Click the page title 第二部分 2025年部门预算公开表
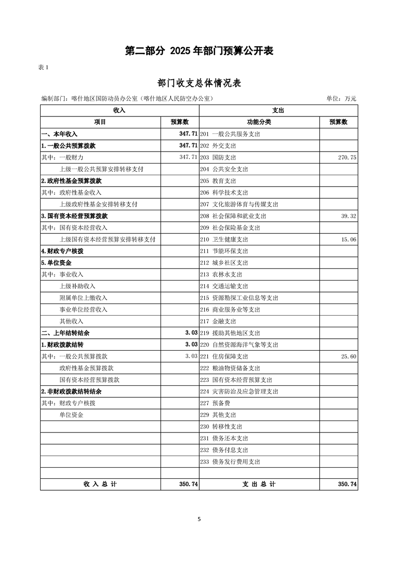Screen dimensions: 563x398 pyautogui.click(x=199, y=51)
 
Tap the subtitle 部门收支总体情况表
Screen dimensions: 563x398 pyautogui.click(x=199, y=83)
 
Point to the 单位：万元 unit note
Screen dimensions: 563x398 pyautogui.click(x=341, y=99)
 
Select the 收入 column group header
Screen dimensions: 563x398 pyautogui.click(x=119, y=110)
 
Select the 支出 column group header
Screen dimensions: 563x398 pyautogui.click(x=278, y=110)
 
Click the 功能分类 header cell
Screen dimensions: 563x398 pyautogui.click(x=259, y=122)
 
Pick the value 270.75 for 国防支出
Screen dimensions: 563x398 pyautogui.click(x=347, y=158)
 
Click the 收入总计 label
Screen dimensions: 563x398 pyautogui.click(x=100, y=484)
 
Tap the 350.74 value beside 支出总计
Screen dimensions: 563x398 pyautogui.click(x=347, y=484)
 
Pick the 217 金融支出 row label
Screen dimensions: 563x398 pyautogui.click(x=218, y=322)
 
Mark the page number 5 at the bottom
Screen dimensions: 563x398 pyautogui.click(x=199, y=519)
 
